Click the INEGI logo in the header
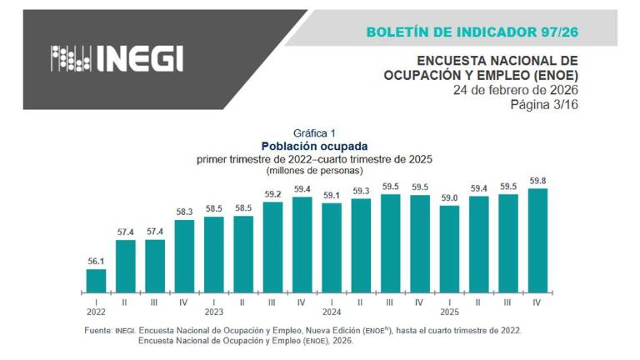117,58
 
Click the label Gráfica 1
314,132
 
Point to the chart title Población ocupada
314,146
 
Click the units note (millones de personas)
314,170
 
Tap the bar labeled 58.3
184,255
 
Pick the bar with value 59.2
272,247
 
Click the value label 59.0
449,197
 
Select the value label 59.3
361,191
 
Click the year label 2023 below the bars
214,313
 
